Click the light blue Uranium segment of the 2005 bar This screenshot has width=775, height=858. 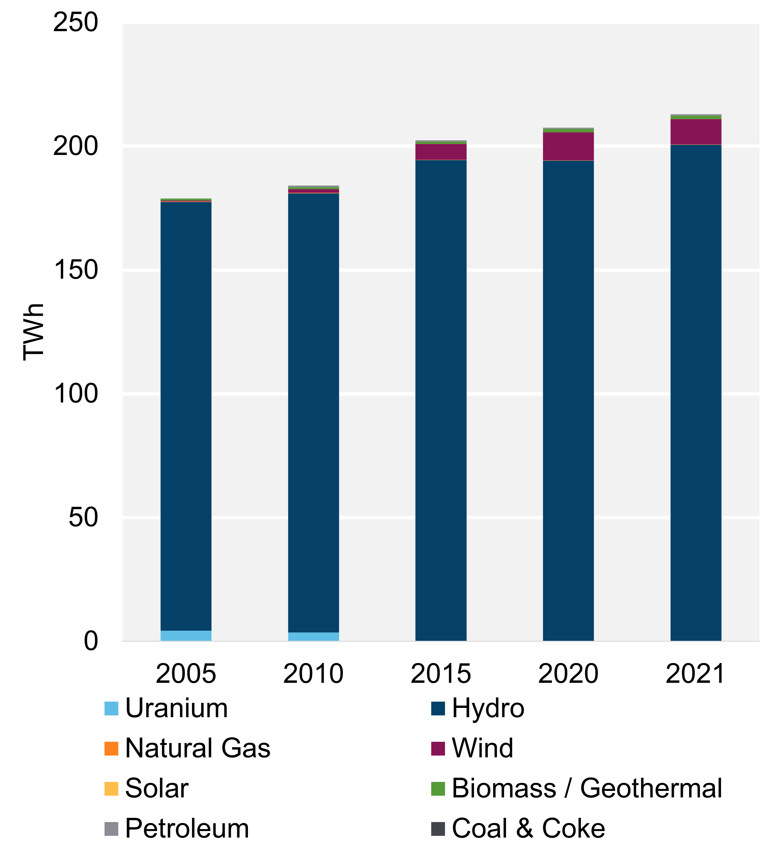[x=186, y=635]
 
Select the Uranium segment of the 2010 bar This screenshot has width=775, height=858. [x=314, y=637]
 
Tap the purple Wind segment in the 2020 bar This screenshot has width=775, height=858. [x=568, y=146]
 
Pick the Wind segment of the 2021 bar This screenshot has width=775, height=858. [x=696, y=132]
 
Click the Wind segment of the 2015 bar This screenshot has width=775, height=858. [x=441, y=152]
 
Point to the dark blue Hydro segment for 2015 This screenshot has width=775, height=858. [x=441, y=400]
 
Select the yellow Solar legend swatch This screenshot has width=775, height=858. [x=111, y=788]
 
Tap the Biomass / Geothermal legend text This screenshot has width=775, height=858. [x=587, y=788]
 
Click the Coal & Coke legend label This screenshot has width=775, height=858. [x=528, y=829]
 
